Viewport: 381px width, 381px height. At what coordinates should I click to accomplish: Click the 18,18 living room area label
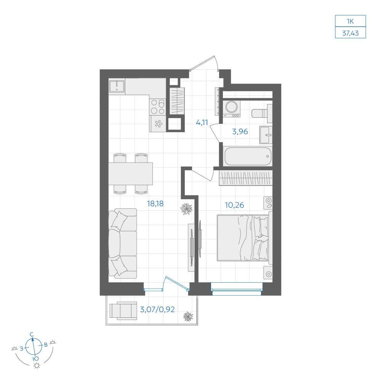[155, 203]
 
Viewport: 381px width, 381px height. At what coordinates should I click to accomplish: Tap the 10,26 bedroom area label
[234, 205]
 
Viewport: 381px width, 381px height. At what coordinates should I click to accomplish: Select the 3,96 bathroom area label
[240, 131]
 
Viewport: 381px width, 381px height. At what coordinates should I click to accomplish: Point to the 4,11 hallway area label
[202, 122]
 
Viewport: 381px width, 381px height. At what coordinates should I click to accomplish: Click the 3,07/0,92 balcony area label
[157, 309]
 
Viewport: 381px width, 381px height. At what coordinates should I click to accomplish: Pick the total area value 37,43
[351, 33]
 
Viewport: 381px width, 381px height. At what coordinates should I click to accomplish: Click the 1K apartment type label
[350, 21]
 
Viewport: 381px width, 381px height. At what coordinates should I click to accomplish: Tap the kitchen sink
[117, 86]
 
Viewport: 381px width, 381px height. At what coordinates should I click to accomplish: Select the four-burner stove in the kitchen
[158, 107]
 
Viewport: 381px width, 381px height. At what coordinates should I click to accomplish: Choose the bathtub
[248, 156]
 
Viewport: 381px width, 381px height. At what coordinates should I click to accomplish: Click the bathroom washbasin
[266, 135]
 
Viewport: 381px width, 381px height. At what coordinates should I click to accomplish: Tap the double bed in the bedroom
[245, 238]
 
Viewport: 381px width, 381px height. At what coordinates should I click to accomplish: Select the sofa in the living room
[123, 243]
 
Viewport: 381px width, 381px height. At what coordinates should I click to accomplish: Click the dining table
[131, 174]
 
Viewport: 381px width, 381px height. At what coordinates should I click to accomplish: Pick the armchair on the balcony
[123, 311]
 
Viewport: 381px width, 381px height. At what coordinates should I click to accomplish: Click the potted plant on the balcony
[188, 316]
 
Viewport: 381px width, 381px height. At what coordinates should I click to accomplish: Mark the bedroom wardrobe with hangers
[246, 178]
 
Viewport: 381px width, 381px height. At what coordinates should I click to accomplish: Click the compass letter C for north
[32, 335]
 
